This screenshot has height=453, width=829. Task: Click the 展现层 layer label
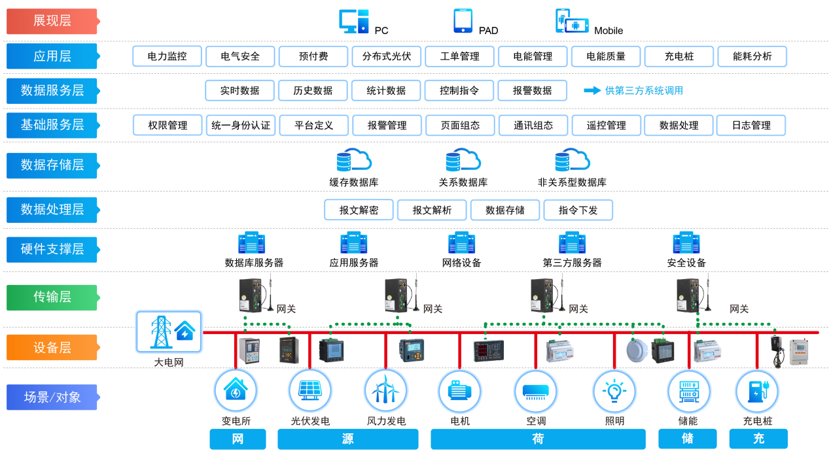pyautogui.click(x=52, y=21)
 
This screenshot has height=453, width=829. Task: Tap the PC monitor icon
pyautogui.click(x=354, y=22)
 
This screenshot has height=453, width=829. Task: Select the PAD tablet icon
pyautogui.click(x=463, y=21)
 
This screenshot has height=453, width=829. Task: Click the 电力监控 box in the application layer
pyautogui.click(x=167, y=56)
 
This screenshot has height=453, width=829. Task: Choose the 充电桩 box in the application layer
pyautogui.click(x=679, y=56)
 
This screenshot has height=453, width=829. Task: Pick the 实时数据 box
pyautogui.click(x=239, y=90)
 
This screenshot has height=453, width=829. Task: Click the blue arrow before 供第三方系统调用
pyautogui.click(x=592, y=90)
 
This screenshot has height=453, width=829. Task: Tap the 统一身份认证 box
pyautogui.click(x=241, y=125)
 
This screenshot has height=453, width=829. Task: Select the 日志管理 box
pyautogui.click(x=750, y=125)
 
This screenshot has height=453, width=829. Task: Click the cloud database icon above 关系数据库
pyautogui.click(x=463, y=160)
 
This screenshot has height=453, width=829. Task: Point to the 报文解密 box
pyautogui.click(x=359, y=210)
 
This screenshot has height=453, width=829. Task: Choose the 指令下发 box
pyautogui.click(x=578, y=210)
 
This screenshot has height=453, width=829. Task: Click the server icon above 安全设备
pyautogui.click(x=686, y=243)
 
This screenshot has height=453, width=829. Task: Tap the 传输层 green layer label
pyautogui.click(x=52, y=297)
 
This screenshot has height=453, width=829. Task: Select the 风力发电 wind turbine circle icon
pyautogui.click(x=385, y=391)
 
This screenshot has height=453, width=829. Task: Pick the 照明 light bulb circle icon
pyautogui.click(x=614, y=391)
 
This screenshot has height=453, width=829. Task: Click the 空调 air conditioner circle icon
pyautogui.click(x=535, y=391)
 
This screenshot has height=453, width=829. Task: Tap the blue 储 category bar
pyautogui.click(x=687, y=439)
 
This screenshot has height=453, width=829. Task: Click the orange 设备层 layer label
pyautogui.click(x=52, y=347)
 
